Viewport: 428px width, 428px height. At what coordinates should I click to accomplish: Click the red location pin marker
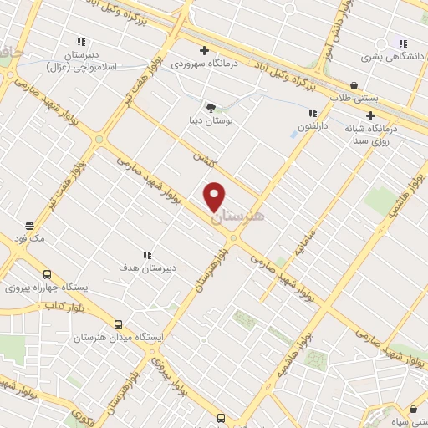tap(215, 196)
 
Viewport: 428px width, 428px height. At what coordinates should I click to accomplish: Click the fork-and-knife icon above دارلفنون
tap(312, 113)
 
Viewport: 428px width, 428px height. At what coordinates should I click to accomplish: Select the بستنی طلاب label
tap(354, 99)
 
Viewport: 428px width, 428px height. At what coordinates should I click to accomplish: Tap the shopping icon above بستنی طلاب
tap(354, 85)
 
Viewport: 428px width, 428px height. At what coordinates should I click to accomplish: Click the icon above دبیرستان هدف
tap(147, 255)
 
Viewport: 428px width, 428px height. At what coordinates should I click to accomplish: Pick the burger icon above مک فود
tap(29, 226)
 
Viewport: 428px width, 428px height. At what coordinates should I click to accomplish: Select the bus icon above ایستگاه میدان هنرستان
tap(118, 324)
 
